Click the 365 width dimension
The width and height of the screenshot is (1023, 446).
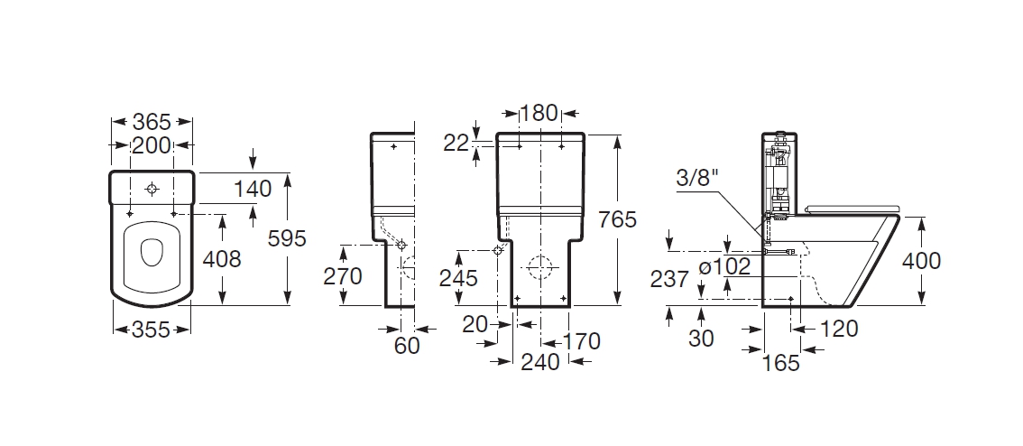click(x=152, y=122)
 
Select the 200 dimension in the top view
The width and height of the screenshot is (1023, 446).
click(x=152, y=145)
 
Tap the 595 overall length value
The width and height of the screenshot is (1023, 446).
click(x=287, y=238)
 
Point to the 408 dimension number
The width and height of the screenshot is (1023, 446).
click(x=222, y=259)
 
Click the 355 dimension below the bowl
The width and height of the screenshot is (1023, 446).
click(x=152, y=330)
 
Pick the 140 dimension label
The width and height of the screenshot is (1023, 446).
click(x=253, y=189)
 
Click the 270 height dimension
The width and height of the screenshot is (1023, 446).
click(x=343, y=276)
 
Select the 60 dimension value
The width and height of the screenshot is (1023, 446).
click(x=407, y=346)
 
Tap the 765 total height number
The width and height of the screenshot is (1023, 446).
click(x=617, y=219)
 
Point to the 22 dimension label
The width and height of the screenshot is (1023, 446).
click(x=456, y=143)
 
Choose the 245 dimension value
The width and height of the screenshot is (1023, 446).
click(x=458, y=277)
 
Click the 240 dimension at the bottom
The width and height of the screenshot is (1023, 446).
click(x=539, y=361)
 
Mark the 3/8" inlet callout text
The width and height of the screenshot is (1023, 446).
click(x=696, y=178)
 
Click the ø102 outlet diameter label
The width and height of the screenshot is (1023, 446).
click(x=723, y=266)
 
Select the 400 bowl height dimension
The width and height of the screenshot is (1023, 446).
click(x=921, y=261)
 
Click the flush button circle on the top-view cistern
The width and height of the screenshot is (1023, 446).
click(x=152, y=190)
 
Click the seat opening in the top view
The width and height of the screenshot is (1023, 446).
click(x=152, y=252)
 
